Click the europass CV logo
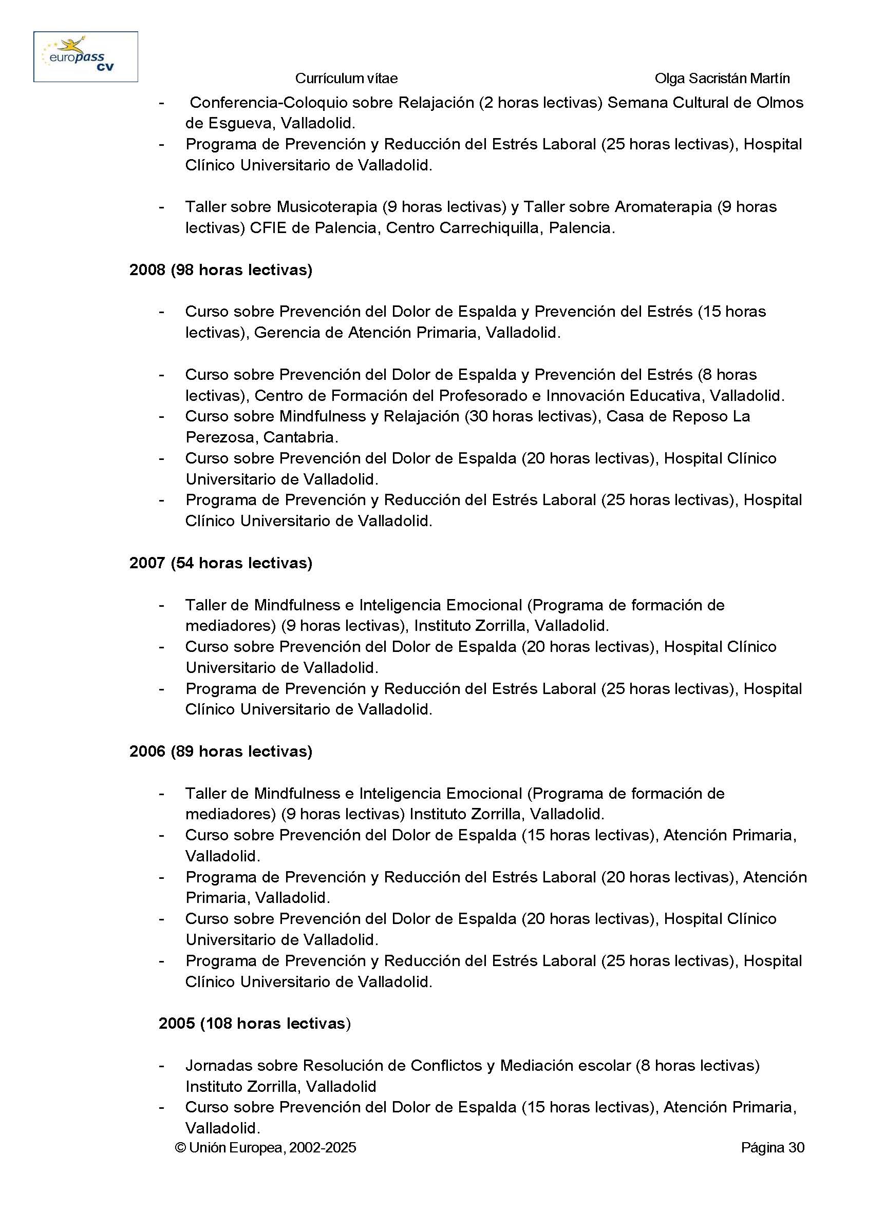pos(86,56)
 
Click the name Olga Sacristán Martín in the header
pos(722,79)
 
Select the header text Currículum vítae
pos(346,79)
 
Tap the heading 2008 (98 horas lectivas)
pos(220,269)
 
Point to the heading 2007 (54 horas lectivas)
pos(220,563)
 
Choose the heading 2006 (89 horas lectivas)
pos(220,751)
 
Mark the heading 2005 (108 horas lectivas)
pos(254,1023)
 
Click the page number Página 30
pos(772,1147)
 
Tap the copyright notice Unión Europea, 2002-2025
pos(266,1147)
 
